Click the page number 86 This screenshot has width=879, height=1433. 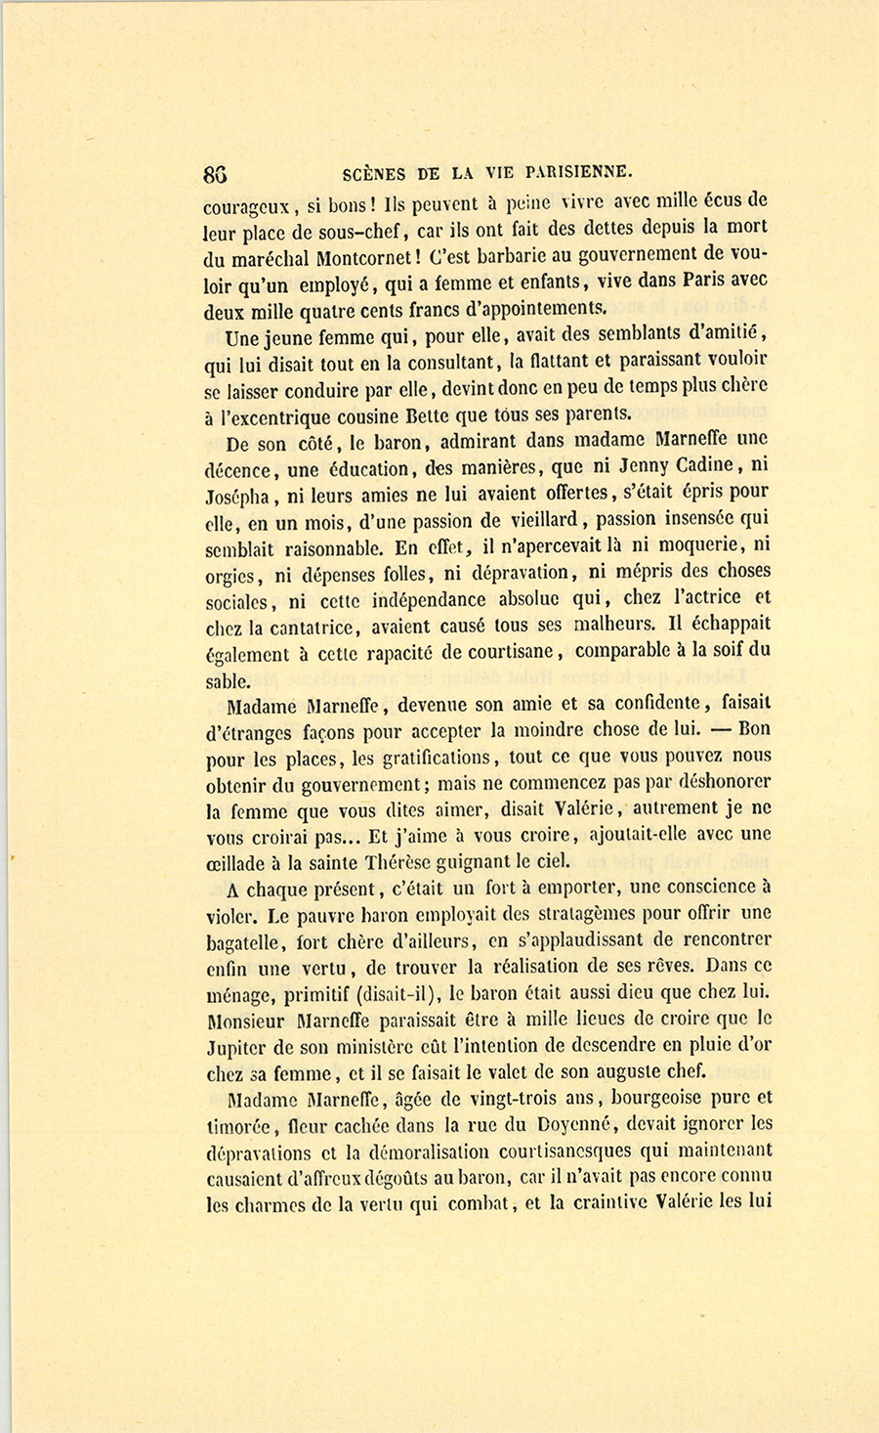coord(216,175)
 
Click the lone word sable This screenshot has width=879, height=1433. coord(229,680)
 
